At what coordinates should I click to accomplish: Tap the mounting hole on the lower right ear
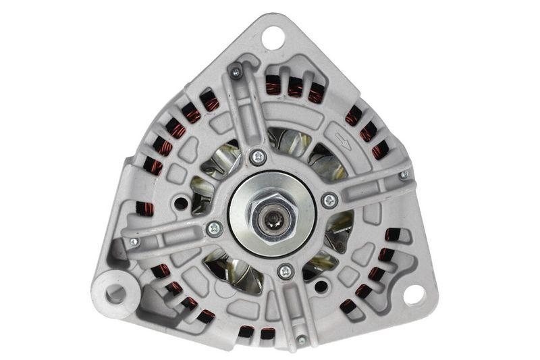(413, 295)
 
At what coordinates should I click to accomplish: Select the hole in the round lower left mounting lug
(115, 293)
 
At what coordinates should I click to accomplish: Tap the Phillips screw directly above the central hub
(258, 157)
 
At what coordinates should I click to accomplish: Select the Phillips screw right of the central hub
(329, 201)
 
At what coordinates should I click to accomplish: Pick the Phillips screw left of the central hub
(214, 228)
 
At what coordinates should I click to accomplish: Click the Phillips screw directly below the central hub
(285, 271)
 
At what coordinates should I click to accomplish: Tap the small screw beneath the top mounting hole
(236, 72)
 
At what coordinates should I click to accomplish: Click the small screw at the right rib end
(404, 175)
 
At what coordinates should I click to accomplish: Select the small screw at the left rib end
(134, 241)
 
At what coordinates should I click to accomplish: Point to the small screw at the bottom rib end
(301, 339)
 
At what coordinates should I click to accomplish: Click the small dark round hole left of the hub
(180, 201)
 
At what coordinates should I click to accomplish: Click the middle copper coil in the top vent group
(295, 86)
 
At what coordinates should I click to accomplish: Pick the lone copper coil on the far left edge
(144, 209)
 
